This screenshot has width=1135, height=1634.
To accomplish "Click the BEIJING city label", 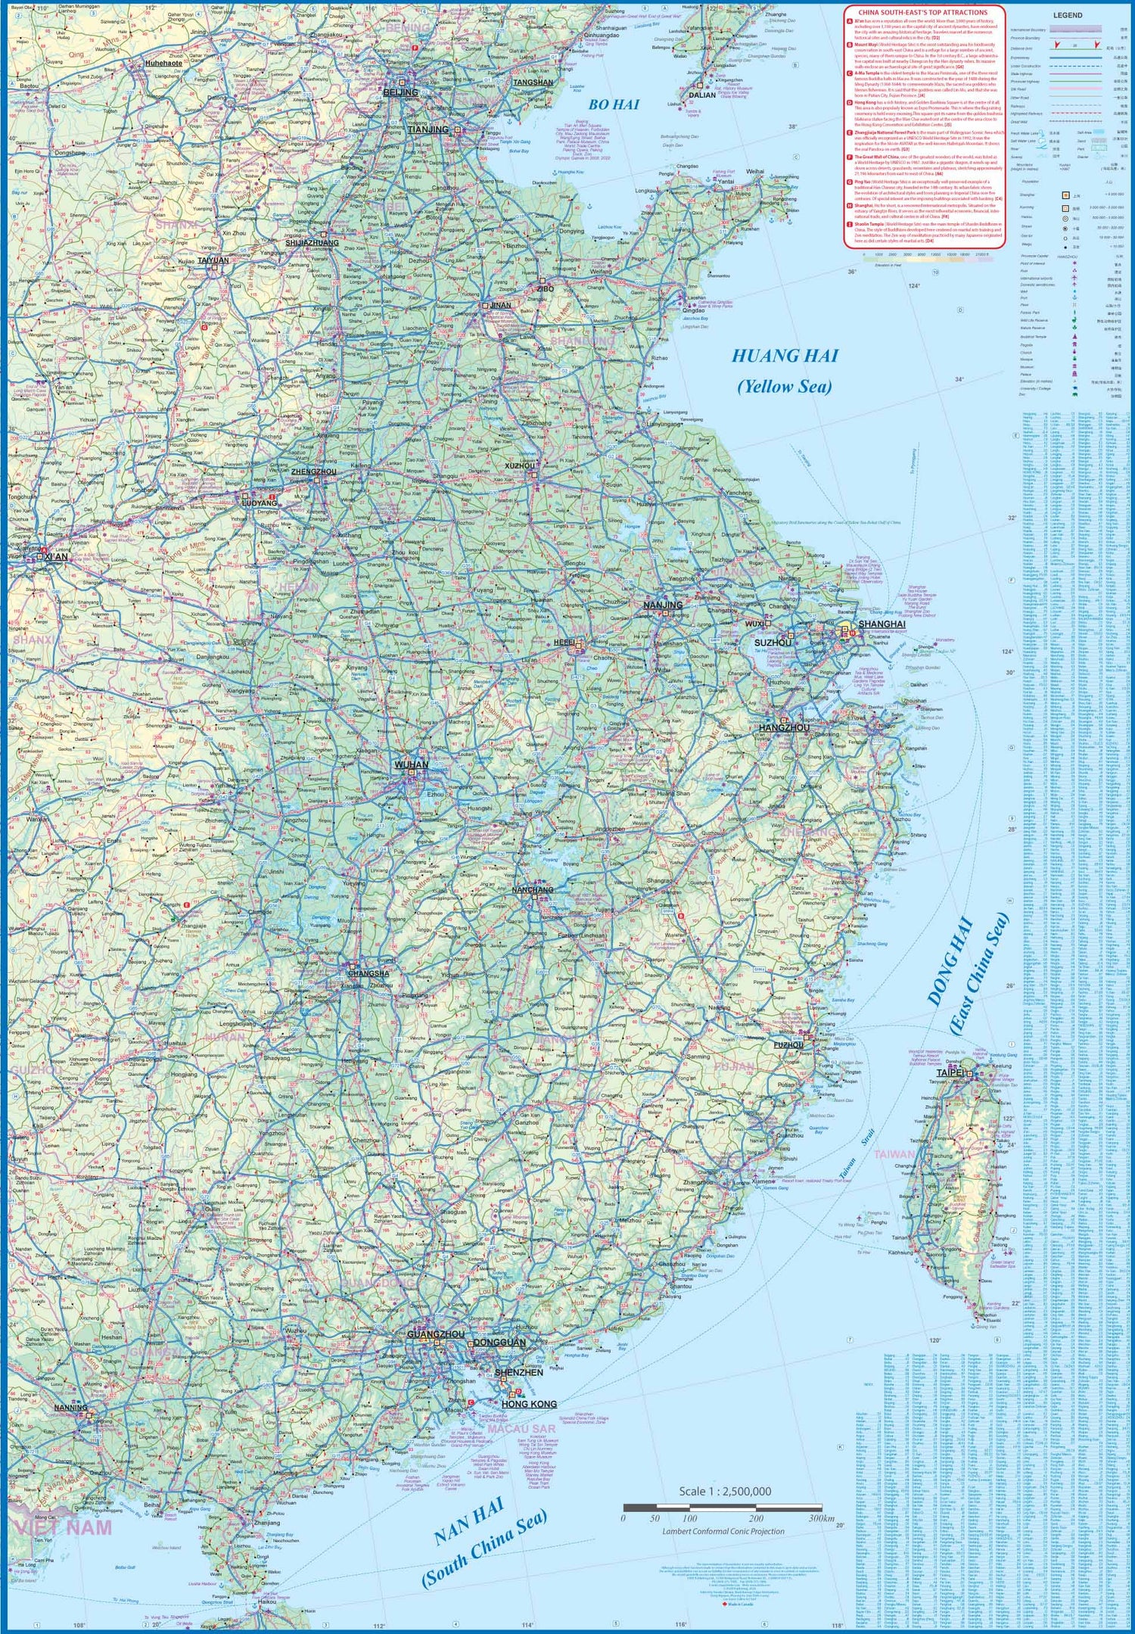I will [x=400, y=92].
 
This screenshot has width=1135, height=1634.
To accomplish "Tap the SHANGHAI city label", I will [x=882, y=624].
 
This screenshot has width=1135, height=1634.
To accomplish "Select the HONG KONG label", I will [x=529, y=1404].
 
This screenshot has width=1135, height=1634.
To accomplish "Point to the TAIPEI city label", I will [x=950, y=1073].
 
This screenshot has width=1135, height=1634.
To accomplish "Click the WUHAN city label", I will [x=411, y=765].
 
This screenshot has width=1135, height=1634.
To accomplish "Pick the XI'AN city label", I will [x=56, y=557].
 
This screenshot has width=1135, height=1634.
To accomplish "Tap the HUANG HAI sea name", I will [x=785, y=356].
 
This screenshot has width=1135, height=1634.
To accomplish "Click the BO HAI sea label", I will [x=614, y=105].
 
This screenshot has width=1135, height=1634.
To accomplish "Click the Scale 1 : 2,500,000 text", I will [x=725, y=1491].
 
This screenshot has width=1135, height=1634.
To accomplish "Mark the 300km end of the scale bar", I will [x=820, y=1517].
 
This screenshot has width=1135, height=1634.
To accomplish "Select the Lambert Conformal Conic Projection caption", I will [x=723, y=1531].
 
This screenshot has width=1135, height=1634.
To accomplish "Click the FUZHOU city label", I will [x=788, y=1044].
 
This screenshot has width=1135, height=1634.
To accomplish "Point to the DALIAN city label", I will [x=702, y=95].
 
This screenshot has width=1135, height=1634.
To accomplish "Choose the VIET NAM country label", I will [x=68, y=1527].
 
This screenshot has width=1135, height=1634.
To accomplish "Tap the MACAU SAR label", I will [x=521, y=1429].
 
